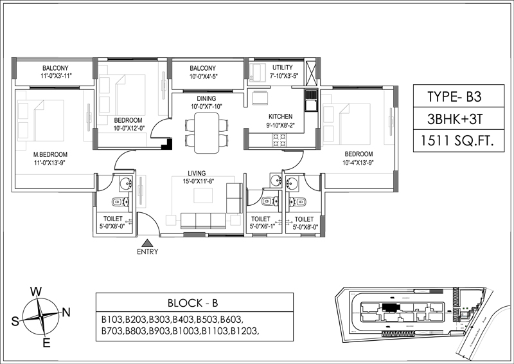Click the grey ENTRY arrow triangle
click(x=148, y=243)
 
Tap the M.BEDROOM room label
click(x=51, y=154)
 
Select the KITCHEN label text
click(x=281, y=116)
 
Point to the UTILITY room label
click(x=283, y=68)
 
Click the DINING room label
click(x=206, y=98)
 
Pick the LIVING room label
click(x=197, y=173)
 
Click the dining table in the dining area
click(x=206, y=133)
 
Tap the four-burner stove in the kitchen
click(x=279, y=140)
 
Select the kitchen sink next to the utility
click(x=311, y=100)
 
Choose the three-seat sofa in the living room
click(x=203, y=220)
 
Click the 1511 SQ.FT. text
click(x=457, y=141)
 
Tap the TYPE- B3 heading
click(x=454, y=97)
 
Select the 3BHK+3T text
click(x=455, y=119)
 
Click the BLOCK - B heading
click(x=193, y=303)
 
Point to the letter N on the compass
click(x=66, y=312)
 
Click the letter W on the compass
click(x=36, y=291)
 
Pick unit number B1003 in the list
click(x=186, y=331)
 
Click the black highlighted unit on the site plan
click(x=390, y=307)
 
